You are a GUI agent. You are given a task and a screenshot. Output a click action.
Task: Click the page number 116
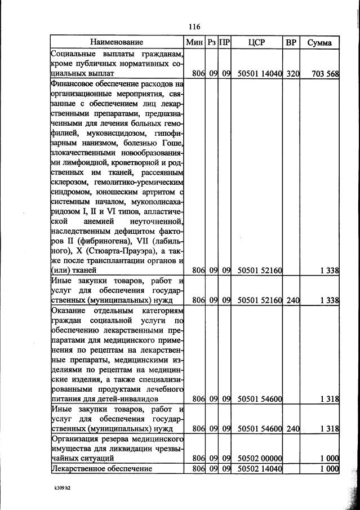[195, 26]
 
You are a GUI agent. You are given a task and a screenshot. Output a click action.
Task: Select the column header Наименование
[117, 42]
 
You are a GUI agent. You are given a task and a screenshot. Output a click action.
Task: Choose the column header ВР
[291, 42]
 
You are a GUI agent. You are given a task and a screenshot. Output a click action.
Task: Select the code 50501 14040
[260, 73]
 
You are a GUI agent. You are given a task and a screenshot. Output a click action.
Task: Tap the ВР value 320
[292, 73]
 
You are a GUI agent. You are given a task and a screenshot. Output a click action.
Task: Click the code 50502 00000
[260, 459]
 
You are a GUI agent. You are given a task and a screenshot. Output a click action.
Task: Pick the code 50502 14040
[260, 468]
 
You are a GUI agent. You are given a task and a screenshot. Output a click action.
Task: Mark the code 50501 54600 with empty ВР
[260, 399]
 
